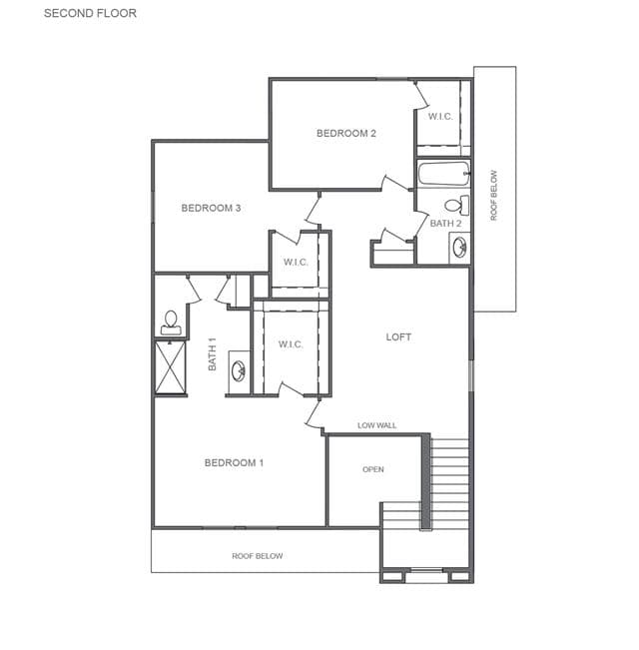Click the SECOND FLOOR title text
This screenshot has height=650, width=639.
coord(90,13)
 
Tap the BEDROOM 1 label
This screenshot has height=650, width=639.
coord(235,462)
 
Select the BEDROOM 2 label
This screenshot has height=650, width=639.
coord(346,133)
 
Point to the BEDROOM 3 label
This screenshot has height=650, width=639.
coord(211,208)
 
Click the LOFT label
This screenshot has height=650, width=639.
coord(398,337)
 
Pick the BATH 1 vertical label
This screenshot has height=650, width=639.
coord(213,354)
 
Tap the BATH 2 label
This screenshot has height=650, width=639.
coord(445,224)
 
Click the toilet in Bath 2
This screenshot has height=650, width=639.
coord(456,205)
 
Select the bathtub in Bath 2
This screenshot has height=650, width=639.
coord(444,174)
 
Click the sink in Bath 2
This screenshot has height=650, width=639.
coord(459,248)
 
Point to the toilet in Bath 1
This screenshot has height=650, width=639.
coord(171,323)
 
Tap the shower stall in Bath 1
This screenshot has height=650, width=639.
coord(171,367)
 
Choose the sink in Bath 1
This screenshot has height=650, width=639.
coord(239,371)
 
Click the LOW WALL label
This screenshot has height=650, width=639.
coord(376,425)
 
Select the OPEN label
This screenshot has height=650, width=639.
coord(373,469)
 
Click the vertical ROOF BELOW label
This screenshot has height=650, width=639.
coord(493,196)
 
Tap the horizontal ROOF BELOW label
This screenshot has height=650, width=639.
coord(258,556)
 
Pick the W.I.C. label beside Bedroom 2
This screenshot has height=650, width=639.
coord(440,117)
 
